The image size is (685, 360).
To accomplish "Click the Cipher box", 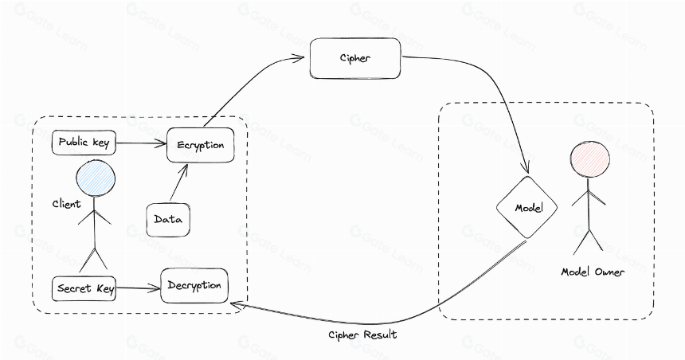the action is coord(355,58).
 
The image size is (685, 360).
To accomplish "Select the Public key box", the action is coord(84,142).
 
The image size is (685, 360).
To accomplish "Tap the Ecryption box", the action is coord(201,145).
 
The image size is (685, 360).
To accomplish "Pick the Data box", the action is coord(168,220).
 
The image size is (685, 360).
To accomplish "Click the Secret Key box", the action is coord(84,288).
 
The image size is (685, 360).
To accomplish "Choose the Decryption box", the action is coord(194,286).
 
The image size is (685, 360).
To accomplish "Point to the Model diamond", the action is coord(527,208).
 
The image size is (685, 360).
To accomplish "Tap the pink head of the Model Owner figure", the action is coord(590,159).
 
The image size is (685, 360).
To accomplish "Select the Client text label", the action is coord(66,204).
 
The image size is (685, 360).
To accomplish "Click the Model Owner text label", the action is coord(593,272).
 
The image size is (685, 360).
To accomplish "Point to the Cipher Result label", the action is coord(362,335).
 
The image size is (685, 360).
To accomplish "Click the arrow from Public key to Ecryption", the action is coord(142,143).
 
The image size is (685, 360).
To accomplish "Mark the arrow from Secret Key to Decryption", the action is coord(139,288).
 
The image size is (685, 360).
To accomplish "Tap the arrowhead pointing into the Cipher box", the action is coord(299,57).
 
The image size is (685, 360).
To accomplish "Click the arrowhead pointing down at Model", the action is coord(526,167).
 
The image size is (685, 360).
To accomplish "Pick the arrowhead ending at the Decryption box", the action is coord(237,304).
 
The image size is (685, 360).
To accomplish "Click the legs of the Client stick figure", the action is coord(93,259).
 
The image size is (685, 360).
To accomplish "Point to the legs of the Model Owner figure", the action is coord(588,241).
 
